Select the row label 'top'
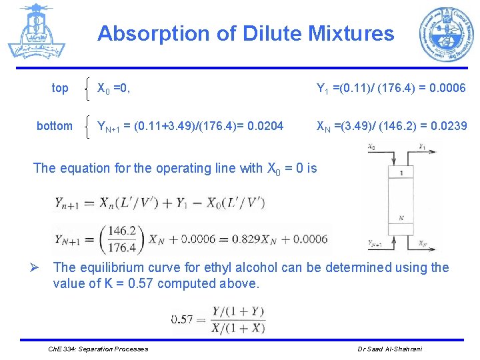pos(60,88)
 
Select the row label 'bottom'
pos(55,126)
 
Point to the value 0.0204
pos(265,126)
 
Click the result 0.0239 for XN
pos(448,126)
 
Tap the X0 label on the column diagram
pos(373,146)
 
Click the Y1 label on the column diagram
pos(423,146)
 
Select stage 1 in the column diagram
pos(401,173)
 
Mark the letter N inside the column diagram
pos(401,217)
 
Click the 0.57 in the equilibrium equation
pos(182,319)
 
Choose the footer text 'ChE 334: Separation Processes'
pos(99,349)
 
